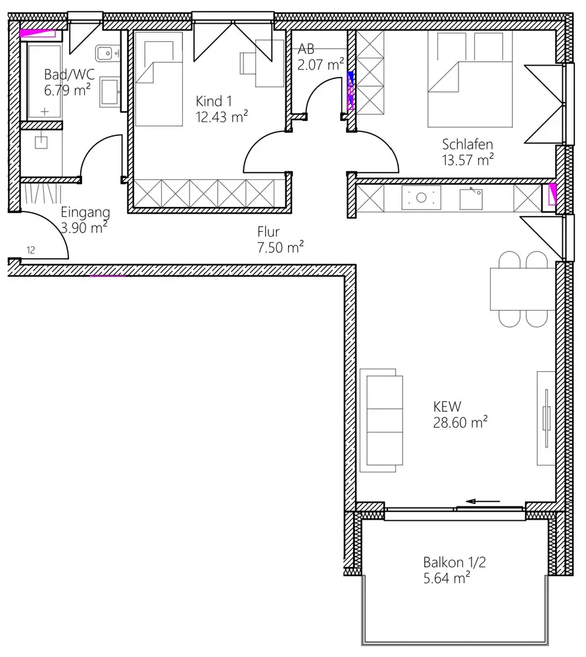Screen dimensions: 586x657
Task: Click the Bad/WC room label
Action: [69, 75]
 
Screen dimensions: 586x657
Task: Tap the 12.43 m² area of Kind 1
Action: [222, 117]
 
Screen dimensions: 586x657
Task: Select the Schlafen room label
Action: [468, 144]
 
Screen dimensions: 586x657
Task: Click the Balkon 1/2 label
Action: [454, 562]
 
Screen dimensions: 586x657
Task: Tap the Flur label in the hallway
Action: [268, 231]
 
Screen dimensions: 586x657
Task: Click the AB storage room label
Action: [306, 49]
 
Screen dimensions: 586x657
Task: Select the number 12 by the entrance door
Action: [31, 250]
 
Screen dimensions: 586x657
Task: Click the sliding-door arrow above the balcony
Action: [483, 501]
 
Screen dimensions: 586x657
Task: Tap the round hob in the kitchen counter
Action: [421, 197]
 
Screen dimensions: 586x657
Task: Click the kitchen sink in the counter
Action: [471, 198]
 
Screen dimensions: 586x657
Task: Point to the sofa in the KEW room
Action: [381, 420]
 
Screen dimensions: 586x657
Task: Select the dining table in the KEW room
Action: [523, 289]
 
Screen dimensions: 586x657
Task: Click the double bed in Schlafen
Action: [470, 79]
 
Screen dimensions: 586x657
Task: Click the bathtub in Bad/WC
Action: [44, 81]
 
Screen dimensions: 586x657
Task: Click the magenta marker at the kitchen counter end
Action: [552, 194]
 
